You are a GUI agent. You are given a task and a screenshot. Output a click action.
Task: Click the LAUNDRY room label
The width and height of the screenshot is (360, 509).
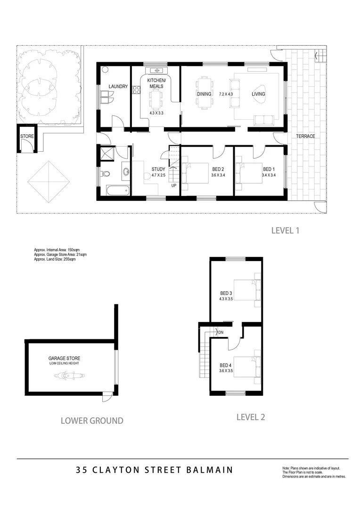pos(118,87)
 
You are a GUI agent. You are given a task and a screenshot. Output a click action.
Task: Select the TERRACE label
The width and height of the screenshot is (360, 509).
pos(305,136)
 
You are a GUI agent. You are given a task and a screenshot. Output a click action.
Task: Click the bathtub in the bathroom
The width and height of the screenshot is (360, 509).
pos(117,190)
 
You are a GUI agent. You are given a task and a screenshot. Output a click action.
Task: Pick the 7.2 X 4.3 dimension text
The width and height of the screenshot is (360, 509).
pos(227,94)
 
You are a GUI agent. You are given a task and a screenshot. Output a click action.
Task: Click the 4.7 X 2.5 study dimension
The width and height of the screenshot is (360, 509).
pos(158,175)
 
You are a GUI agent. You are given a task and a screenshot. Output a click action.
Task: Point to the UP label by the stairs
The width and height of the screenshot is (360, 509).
pos(173,185)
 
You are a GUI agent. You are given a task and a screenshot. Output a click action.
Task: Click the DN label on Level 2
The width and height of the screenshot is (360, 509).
pos(221,333)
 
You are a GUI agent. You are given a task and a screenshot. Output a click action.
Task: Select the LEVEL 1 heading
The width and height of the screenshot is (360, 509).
pos(286,231)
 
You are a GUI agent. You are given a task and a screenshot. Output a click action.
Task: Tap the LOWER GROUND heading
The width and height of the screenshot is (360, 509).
pos(92,420)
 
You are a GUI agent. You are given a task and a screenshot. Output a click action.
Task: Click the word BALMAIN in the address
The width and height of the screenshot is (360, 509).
pos(210,470)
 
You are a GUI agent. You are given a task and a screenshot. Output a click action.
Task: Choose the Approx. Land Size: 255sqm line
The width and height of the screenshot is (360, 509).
pos(55,259)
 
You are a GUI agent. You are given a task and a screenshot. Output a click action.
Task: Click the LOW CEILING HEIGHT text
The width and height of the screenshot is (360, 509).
pos(64,363)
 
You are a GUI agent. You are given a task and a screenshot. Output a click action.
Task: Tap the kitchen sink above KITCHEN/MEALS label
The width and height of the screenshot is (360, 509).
pos(156,71)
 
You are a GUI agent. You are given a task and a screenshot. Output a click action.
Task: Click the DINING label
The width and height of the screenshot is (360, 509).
pos(204,94)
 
